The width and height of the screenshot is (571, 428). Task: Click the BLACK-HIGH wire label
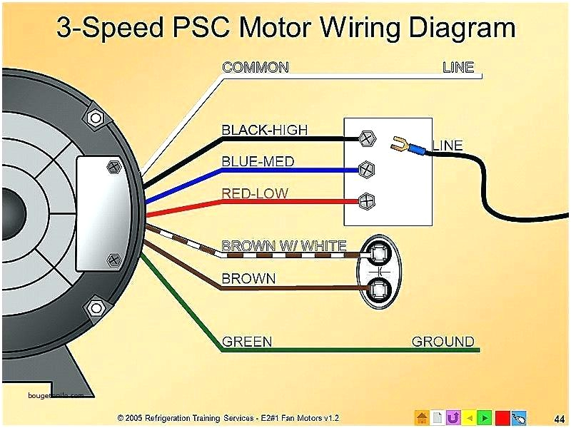click(264, 130)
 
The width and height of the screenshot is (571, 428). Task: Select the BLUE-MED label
click(258, 161)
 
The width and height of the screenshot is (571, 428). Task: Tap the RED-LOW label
click(255, 193)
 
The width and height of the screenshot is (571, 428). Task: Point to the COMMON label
click(255, 68)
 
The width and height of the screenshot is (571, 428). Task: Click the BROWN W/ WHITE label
click(283, 246)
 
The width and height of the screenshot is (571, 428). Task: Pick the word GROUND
click(443, 342)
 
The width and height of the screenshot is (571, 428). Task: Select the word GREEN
click(247, 342)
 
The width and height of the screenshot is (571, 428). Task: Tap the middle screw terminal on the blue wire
click(365, 170)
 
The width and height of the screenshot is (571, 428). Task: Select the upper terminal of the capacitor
click(377, 252)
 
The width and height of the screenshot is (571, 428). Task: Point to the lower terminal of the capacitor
click(377, 289)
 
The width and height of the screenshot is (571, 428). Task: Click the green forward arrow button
click(485, 417)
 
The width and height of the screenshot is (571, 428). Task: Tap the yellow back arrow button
click(469, 417)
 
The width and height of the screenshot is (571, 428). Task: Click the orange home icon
click(422, 417)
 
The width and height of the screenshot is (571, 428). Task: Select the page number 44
click(559, 417)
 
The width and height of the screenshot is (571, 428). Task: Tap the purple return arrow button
click(453, 417)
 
